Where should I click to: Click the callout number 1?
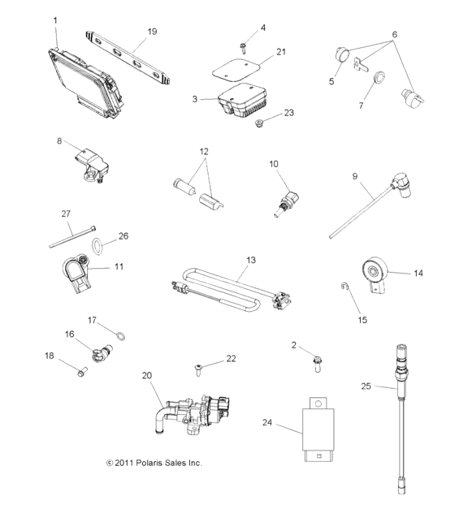(55, 19)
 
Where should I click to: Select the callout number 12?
(203, 151)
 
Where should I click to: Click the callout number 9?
(356, 176)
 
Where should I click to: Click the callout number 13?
(250, 260)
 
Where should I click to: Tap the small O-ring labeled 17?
(118, 336)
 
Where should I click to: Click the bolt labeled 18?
(81, 373)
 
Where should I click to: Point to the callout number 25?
(366, 386)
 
